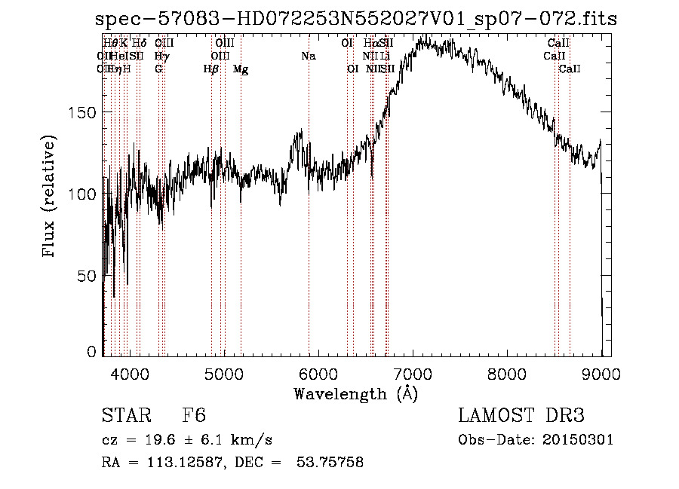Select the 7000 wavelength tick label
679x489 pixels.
click(413, 373)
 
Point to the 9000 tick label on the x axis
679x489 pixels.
click(601, 373)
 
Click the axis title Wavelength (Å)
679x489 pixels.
click(355, 393)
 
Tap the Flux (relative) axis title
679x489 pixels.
click(50, 197)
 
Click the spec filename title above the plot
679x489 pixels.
click(356, 19)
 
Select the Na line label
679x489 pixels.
click(308, 57)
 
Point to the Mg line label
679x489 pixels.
click(241, 69)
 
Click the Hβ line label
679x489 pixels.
click(211, 69)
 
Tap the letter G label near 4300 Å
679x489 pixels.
click(158, 69)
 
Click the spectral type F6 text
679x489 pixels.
click(194, 416)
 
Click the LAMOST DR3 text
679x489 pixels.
click(521, 416)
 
